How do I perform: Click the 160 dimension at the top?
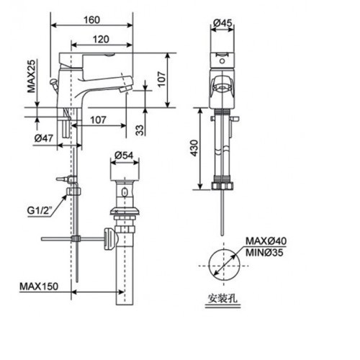tap(91, 19)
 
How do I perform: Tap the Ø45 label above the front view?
tap(222, 23)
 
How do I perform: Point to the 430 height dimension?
tap(204, 148)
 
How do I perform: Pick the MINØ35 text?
tap(266, 253)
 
